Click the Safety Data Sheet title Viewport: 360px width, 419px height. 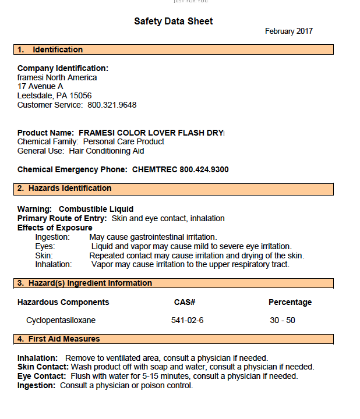174,22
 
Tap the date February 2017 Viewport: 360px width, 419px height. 289,31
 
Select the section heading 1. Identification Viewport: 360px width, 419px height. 50,50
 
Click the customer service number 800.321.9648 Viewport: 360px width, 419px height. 112,105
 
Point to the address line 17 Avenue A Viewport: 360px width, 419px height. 40,86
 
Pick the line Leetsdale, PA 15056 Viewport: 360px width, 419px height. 54,95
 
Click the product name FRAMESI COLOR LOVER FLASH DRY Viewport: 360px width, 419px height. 151,133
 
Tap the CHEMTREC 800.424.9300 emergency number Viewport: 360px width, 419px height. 181,169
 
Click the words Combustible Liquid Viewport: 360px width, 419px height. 96,209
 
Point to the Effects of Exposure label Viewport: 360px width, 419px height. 55,228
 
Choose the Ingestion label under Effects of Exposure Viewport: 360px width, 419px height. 52,237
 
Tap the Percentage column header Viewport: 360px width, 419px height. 290,302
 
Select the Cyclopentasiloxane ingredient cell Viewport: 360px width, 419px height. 61,320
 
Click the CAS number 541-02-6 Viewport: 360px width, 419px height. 188,320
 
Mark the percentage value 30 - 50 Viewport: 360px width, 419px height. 283,320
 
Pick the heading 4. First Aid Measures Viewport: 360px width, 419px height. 58,339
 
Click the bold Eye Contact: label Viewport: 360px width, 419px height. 41,376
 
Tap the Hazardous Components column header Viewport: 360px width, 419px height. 63,302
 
